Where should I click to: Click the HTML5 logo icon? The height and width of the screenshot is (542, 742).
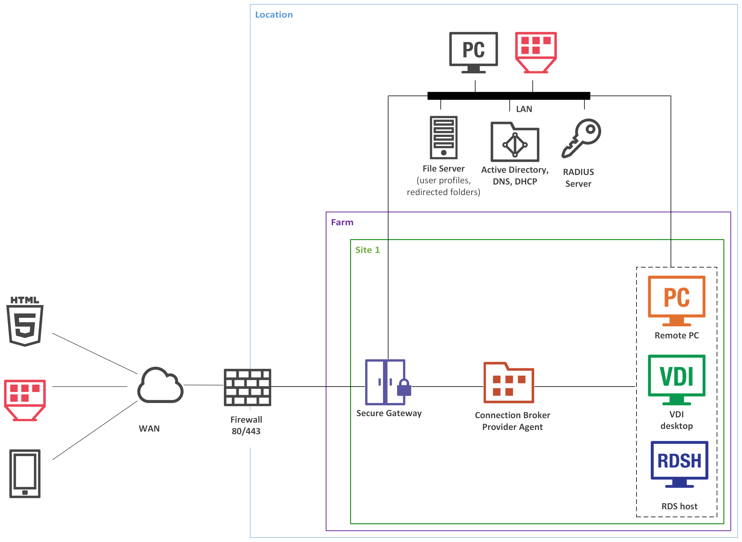pyautogui.click(x=25, y=322)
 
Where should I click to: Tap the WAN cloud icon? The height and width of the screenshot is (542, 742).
pyautogui.click(x=160, y=386)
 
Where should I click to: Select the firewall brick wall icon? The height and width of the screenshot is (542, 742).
pyautogui.click(x=247, y=388)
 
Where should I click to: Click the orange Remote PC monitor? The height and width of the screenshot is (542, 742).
pyautogui.click(x=676, y=300)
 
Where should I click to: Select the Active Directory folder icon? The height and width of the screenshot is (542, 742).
pyautogui.click(x=514, y=142)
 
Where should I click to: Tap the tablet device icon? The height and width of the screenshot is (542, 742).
pyautogui.click(x=25, y=473)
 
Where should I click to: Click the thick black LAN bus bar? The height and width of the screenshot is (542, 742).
pyautogui.click(x=509, y=96)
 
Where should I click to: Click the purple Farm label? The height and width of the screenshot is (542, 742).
pyautogui.click(x=342, y=222)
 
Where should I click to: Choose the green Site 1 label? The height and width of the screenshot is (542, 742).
pyautogui.click(x=367, y=250)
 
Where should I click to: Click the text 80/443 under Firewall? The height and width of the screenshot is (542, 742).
pyautogui.click(x=246, y=431)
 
